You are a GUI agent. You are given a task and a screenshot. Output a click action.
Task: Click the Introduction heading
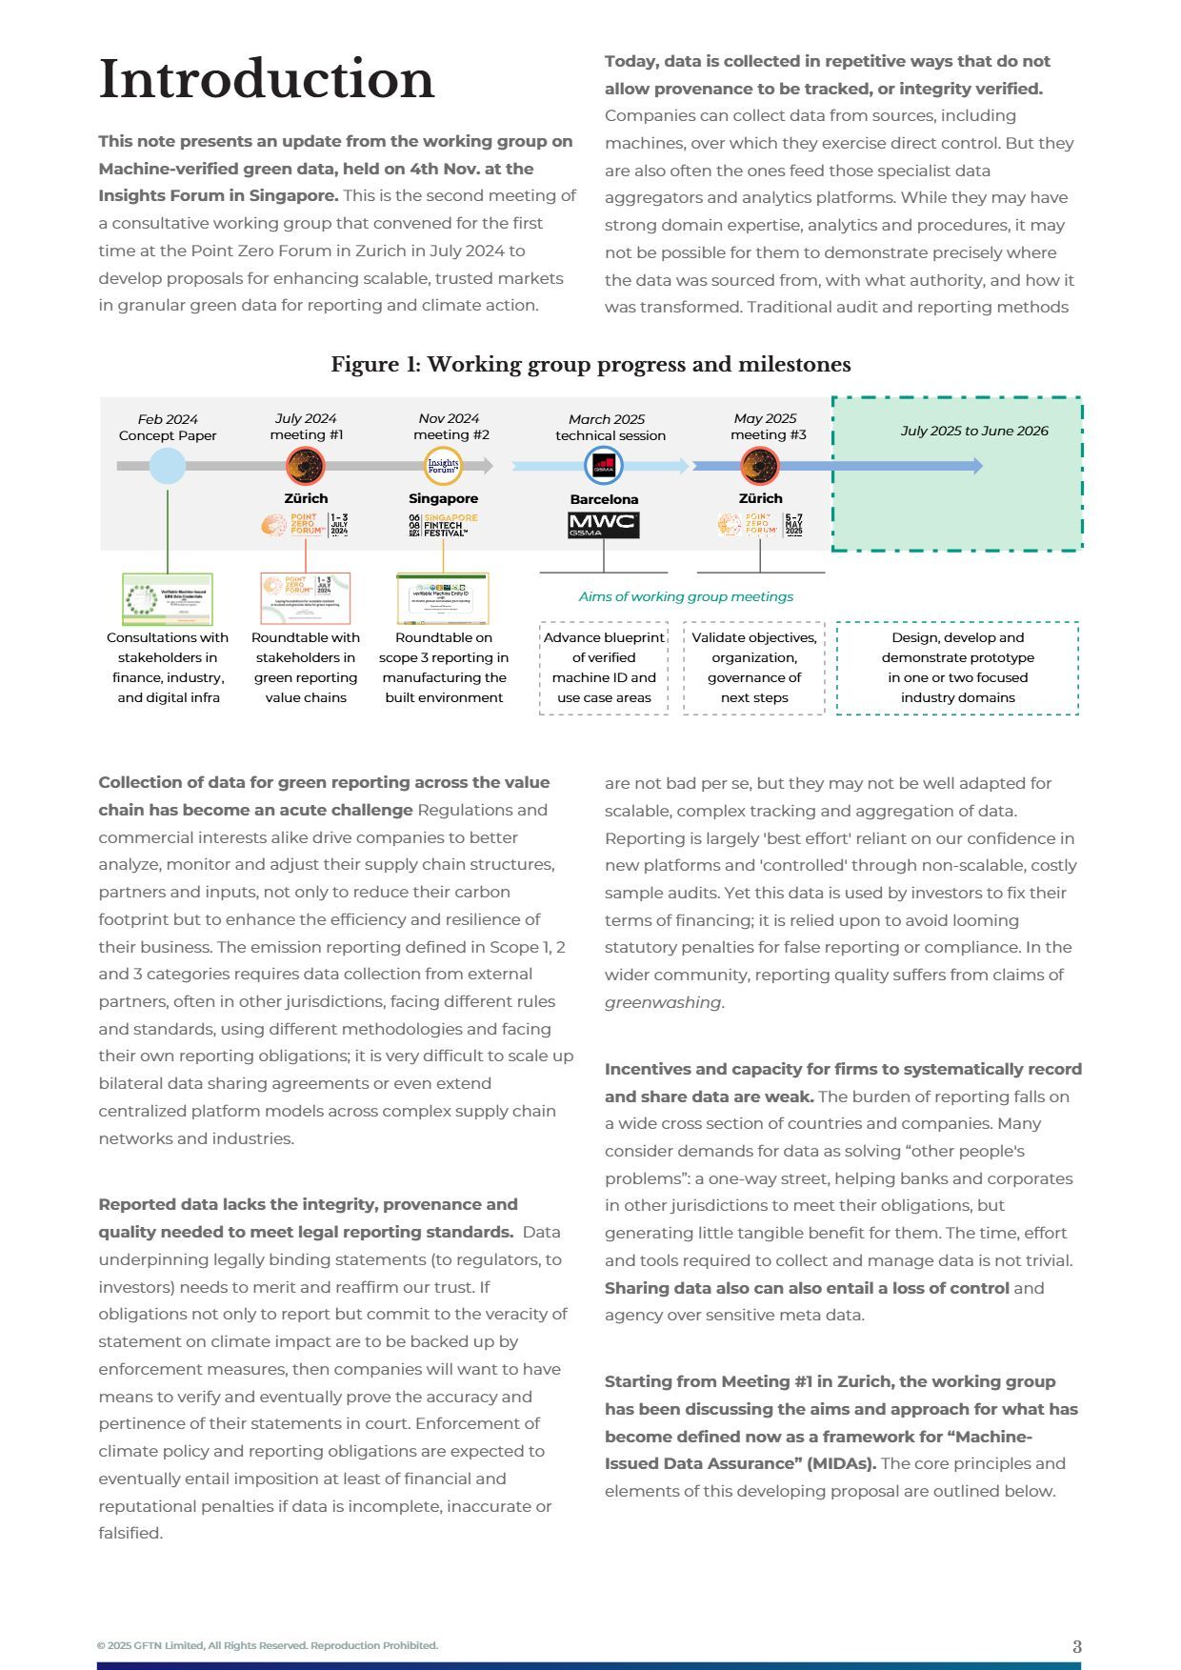(x=267, y=79)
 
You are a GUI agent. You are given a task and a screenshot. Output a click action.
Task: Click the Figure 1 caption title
(x=590, y=365)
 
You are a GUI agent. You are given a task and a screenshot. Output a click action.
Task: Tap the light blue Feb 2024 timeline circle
(x=168, y=466)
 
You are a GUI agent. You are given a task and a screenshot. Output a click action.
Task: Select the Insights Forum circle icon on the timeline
(x=443, y=466)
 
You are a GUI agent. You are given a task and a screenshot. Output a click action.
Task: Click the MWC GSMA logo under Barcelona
(x=603, y=525)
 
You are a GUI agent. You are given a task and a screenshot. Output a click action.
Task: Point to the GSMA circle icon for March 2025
(x=604, y=466)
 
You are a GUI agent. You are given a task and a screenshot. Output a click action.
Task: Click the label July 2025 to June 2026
(x=973, y=431)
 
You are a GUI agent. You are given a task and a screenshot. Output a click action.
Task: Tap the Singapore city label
(x=443, y=498)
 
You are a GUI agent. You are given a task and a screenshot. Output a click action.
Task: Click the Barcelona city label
(x=604, y=499)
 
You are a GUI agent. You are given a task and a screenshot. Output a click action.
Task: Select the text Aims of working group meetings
(x=686, y=596)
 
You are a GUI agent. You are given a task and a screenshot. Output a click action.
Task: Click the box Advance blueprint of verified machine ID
(x=604, y=667)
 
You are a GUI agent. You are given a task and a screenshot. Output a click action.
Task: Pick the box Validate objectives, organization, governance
(x=753, y=667)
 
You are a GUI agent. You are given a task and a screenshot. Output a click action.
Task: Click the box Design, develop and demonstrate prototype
(x=957, y=667)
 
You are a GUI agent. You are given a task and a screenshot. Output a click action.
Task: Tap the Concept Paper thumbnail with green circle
(x=168, y=599)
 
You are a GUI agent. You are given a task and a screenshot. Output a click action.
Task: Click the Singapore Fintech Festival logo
(x=443, y=525)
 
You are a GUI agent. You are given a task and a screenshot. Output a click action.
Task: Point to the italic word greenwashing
(x=663, y=1002)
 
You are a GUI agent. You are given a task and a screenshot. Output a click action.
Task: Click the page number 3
(x=1076, y=1646)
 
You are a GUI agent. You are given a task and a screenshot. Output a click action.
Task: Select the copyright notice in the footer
(x=268, y=1645)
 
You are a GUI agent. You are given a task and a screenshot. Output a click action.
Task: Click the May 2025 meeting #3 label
(x=767, y=427)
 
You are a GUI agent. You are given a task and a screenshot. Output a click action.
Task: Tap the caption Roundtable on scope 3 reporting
(x=444, y=667)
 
